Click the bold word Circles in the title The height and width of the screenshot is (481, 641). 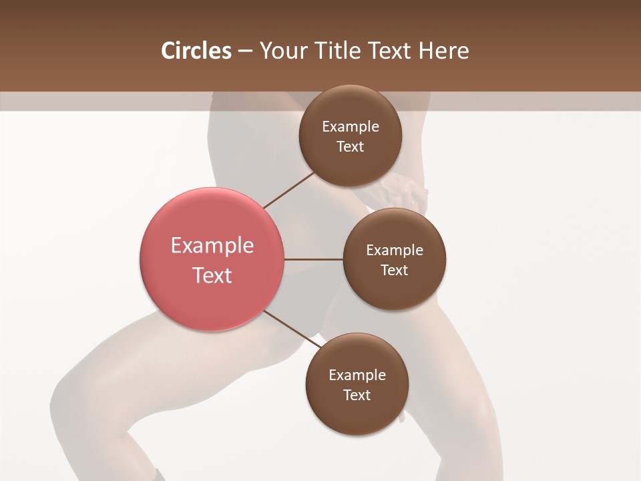point(196,51)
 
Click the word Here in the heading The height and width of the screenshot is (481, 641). point(444,51)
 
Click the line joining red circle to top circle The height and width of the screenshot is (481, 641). point(289,190)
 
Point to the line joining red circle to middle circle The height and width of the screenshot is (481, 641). point(313,259)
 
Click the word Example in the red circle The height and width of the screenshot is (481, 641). point(212,246)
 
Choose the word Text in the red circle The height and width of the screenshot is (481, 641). point(212,275)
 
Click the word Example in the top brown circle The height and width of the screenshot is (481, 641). point(351,127)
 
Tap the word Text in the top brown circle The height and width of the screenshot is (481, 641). point(351,147)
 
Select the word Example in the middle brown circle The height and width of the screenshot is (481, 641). point(395,251)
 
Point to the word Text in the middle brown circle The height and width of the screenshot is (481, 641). point(395,271)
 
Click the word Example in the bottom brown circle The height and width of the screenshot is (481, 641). point(357,375)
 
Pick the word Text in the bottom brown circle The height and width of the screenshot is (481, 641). point(357,395)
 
